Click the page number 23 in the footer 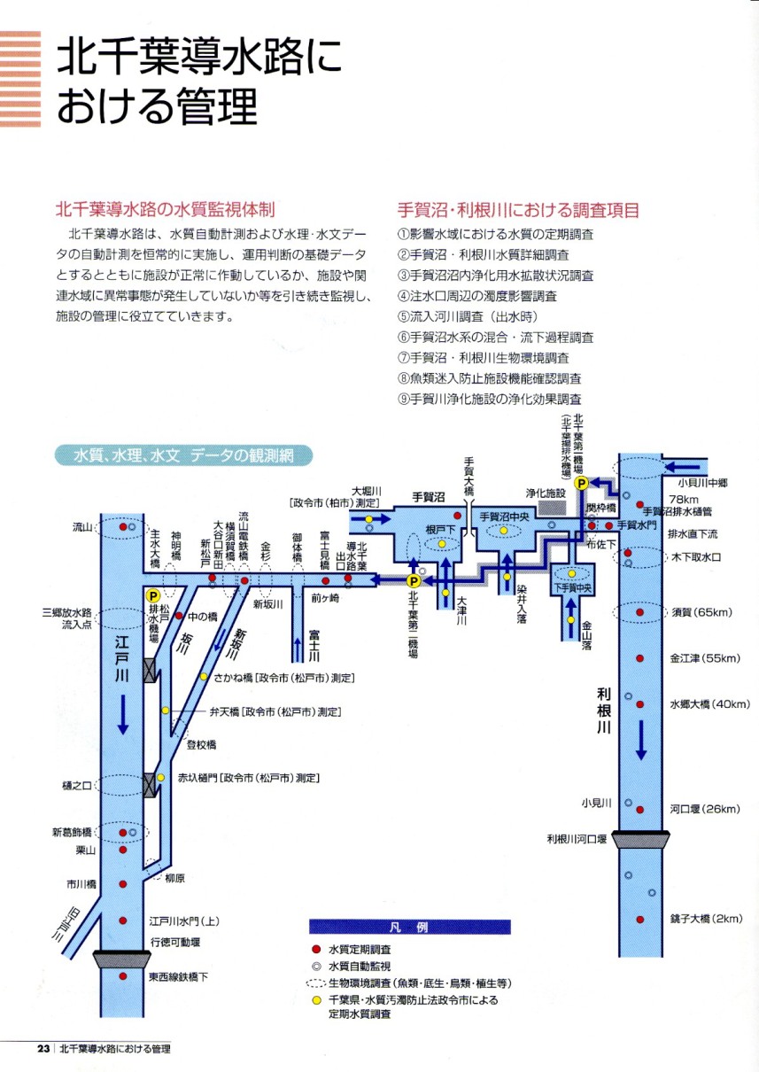(x=43, y=1049)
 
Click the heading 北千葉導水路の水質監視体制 (x=165, y=210)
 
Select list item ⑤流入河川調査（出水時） (x=468, y=316)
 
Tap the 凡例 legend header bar (x=409, y=928)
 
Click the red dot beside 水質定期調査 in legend (x=315, y=948)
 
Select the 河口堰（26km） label (x=705, y=809)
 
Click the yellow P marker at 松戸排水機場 (x=152, y=596)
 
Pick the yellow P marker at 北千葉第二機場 (x=413, y=581)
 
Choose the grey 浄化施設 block (x=553, y=507)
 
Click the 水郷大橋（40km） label (x=705, y=705)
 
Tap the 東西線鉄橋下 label (x=180, y=977)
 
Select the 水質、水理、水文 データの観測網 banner (x=182, y=456)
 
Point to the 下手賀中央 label (x=571, y=586)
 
